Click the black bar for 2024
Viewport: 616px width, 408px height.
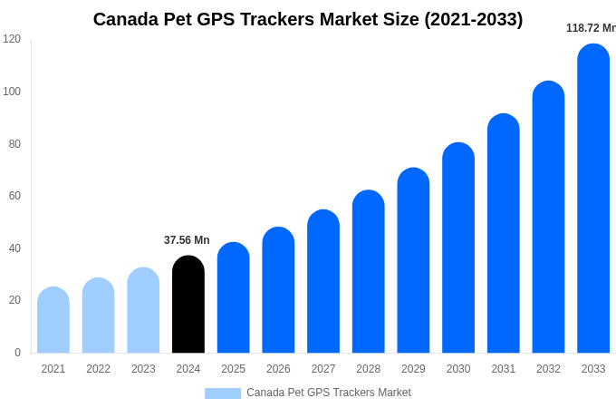coord(188,305)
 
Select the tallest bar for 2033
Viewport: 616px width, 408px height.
coord(593,199)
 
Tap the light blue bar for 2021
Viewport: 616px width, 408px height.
coord(53,320)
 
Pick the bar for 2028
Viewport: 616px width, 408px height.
coord(369,272)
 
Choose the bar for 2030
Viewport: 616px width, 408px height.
coord(458,248)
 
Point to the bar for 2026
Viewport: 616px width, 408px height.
coord(278,290)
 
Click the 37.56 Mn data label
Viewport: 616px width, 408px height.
coord(187,240)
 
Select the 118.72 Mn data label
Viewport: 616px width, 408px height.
coord(590,28)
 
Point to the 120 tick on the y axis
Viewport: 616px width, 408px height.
coord(12,39)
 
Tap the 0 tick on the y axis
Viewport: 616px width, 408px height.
coord(16,353)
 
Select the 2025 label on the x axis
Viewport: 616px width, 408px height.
coord(234,369)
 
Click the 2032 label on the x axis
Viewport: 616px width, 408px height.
coord(548,369)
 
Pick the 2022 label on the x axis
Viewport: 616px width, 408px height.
coord(99,369)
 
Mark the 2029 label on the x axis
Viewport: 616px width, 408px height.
coord(413,369)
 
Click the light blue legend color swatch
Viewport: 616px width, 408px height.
coord(223,393)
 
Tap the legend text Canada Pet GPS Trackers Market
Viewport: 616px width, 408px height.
coord(329,393)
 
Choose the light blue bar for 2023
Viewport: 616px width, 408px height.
coord(143,310)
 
